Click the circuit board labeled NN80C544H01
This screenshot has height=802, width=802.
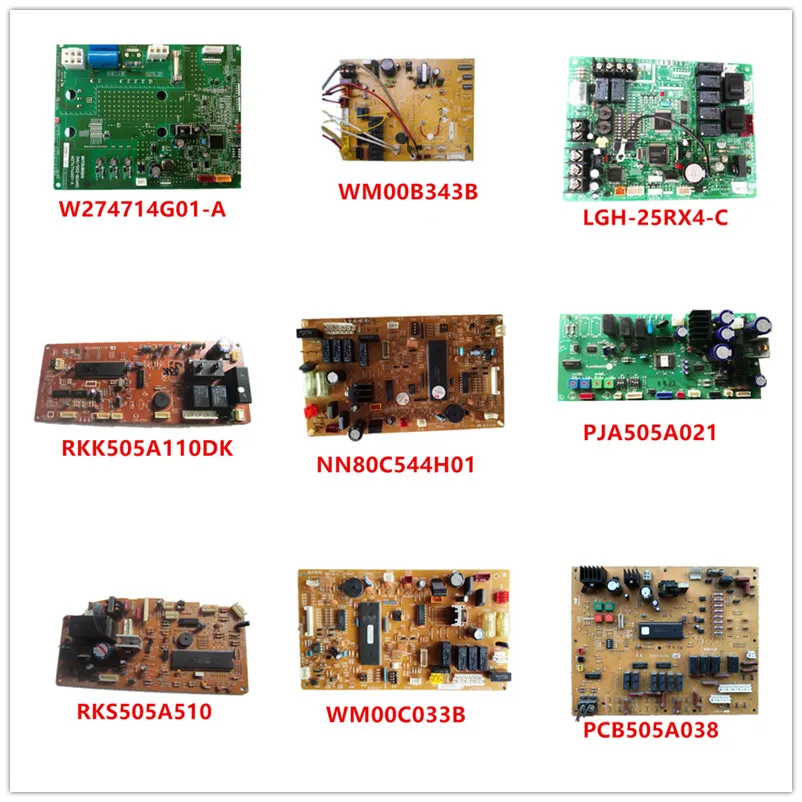[403, 379]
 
